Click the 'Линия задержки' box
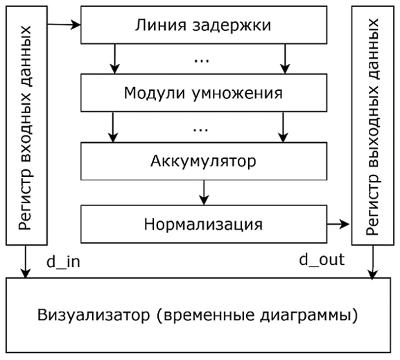[204, 25]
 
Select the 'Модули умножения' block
[204, 93]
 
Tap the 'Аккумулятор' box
[204, 161]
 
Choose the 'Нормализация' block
[204, 224]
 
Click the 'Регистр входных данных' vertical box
[26, 126]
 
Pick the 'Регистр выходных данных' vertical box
[373, 126]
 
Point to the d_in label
[63, 262]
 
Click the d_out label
[322, 260]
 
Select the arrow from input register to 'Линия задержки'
[64, 25]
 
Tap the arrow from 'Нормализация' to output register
[338, 224]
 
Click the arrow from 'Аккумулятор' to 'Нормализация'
[204, 193]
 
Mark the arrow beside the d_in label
[25, 262]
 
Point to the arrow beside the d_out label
[373, 262]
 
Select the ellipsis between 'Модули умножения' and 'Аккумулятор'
[200, 130]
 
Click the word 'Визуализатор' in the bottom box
[94, 315]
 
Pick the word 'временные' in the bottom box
[209, 316]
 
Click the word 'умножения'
[237, 94]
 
